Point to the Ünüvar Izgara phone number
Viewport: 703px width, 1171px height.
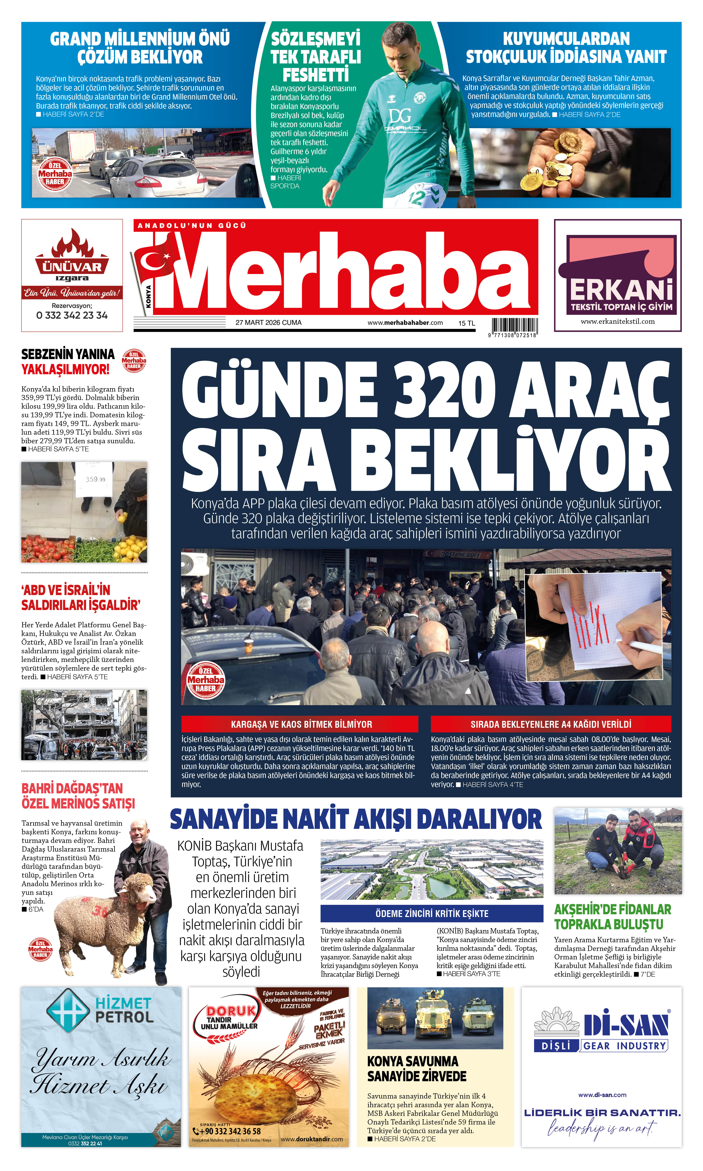point(72,315)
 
